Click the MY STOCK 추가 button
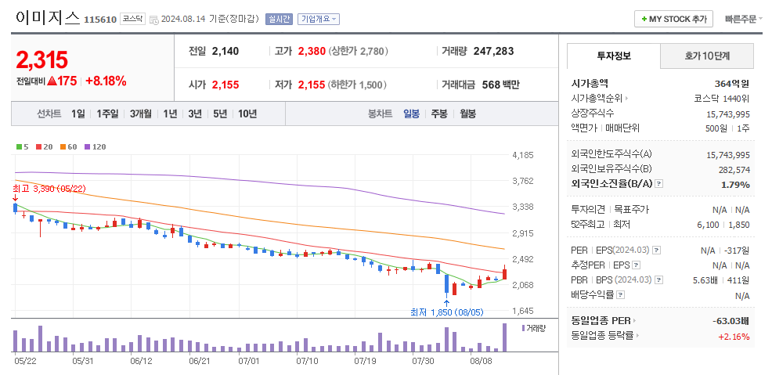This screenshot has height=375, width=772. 673,19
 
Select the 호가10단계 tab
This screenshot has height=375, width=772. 707,56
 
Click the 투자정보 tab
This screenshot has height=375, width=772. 614,56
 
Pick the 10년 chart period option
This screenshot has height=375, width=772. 247,114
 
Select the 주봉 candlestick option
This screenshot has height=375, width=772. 438,114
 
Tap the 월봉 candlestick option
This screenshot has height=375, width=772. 467,114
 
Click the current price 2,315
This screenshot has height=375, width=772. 41,59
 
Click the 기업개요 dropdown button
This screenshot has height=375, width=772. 319,19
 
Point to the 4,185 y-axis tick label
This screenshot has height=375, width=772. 522,155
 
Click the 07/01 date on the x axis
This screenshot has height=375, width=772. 248,361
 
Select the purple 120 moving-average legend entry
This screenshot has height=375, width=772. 95,146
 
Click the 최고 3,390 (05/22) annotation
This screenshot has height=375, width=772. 49,189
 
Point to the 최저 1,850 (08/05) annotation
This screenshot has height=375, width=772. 447,312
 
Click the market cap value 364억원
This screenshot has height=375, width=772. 731,84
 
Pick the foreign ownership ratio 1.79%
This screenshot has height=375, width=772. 735,184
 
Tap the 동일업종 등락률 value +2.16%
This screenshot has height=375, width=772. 734,337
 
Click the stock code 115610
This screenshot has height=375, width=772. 99,20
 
